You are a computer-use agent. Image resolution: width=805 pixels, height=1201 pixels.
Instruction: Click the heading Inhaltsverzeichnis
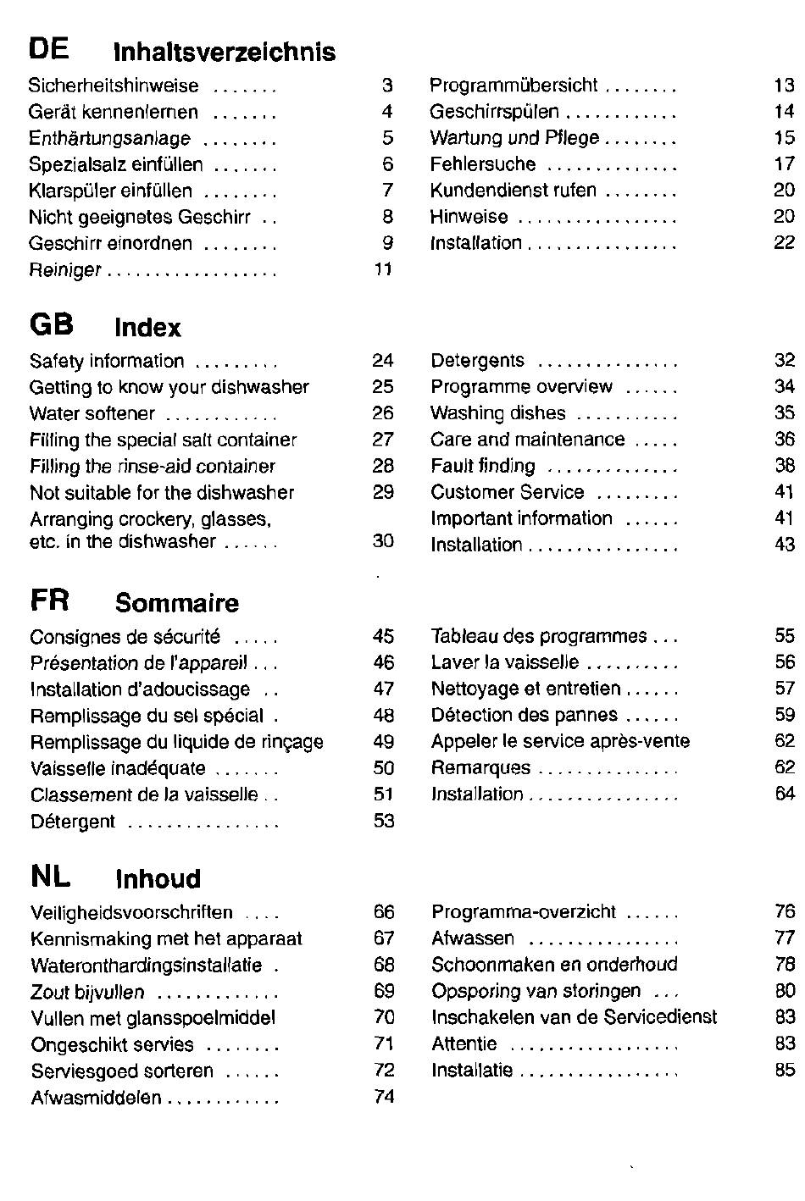tap(225, 52)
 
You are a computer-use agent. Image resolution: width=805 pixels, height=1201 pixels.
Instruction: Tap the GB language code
tap(52, 324)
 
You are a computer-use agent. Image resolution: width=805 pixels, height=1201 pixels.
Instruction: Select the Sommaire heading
tap(177, 603)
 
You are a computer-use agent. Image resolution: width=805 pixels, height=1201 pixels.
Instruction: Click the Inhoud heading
tap(158, 879)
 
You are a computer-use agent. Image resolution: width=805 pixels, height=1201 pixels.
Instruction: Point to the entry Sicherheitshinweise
tap(114, 86)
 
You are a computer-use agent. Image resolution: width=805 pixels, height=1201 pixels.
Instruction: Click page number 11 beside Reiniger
tap(384, 268)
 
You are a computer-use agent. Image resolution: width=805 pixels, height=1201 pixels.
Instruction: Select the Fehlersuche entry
tap(483, 164)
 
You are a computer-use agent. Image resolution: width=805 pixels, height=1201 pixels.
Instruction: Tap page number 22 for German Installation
tap(784, 242)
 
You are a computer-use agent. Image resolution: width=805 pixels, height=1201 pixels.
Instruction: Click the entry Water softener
tap(92, 413)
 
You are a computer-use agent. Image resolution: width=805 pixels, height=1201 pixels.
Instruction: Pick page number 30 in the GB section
tap(384, 540)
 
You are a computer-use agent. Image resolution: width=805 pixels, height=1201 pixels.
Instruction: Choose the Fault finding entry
tap(483, 466)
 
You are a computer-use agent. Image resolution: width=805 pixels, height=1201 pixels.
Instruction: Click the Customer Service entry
tap(508, 492)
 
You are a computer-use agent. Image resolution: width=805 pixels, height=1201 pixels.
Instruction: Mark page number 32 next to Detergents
tap(785, 360)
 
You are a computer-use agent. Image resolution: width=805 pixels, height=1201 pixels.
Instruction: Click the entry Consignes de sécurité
tap(125, 637)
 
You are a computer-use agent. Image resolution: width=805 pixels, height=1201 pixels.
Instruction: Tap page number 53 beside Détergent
tap(384, 821)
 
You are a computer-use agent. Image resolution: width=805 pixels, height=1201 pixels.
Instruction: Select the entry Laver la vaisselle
tap(505, 662)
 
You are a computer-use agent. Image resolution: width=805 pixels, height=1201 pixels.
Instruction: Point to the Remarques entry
tap(480, 768)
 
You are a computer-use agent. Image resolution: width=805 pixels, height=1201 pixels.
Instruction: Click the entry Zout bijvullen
tap(87, 993)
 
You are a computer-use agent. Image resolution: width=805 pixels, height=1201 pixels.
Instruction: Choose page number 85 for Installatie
tap(786, 1071)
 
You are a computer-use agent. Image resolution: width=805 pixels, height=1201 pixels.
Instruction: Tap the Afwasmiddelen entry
tap(96, 1098)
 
